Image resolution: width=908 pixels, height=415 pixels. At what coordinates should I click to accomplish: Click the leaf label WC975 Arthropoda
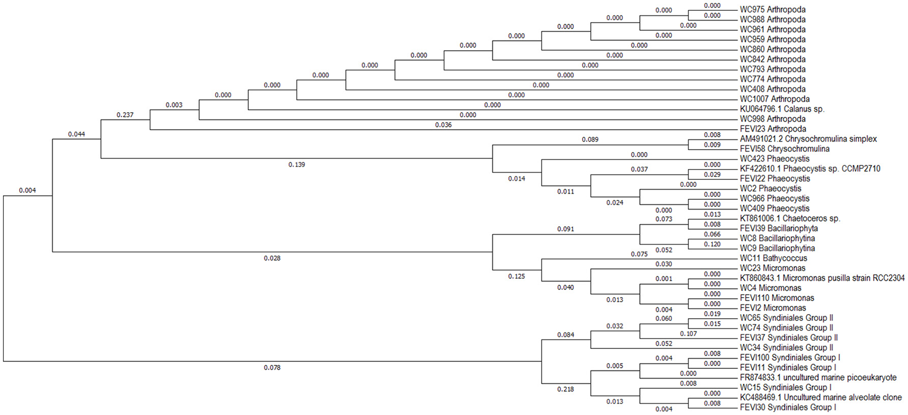pyautogui.click(x=772, y=10)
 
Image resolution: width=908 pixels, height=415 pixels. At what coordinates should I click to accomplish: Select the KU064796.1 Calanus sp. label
pyautogui.click(x=782, y=109)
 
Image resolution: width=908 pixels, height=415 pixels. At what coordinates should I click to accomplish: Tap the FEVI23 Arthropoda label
pyautogui.click(x=773, y=129)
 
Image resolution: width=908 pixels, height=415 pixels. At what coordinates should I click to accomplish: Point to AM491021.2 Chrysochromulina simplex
pyautogui.click(x=808, y=139)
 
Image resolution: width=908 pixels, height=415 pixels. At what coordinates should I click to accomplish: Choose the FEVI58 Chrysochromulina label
pyautogui.click(x=785, y=149)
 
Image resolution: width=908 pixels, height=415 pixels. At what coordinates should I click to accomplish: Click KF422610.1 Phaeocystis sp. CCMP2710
pyautogui.click(x=810, y=169)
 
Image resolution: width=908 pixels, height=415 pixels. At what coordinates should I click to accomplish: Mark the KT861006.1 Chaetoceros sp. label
pyautogui.click(x=790, y=218)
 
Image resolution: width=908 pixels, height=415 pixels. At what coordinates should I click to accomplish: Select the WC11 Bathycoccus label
pyautogui.click(x=773, y=258)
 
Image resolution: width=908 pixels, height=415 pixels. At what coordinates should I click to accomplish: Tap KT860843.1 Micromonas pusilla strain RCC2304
pyautogui.click(x=822, y=278)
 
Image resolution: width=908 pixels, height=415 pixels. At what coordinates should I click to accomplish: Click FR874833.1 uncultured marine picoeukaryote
pyautogui.click(x=818, y=378)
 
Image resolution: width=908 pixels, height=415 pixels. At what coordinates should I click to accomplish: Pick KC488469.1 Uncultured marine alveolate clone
pyautogui.click(x=820, y=398)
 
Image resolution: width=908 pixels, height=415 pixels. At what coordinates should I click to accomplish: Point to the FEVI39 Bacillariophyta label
pyautogui.click(x=778, y=229)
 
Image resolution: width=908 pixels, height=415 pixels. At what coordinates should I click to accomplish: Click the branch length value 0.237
pyautogui.click(x=125, y=115)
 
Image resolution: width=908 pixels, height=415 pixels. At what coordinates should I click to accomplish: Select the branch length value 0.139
pyautogui.click(x=297, y=164)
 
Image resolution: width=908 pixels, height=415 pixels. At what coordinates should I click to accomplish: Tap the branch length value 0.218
pyautogui.click(x=566, y=389)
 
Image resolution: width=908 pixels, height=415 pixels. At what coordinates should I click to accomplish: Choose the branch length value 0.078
pyautogui.click(x=272, y=368)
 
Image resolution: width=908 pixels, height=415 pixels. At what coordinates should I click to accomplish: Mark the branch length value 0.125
pyautogui.click(x=517, y=277)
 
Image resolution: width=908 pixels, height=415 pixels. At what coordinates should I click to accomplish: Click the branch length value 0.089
pyautogui.click(x=590, y=139)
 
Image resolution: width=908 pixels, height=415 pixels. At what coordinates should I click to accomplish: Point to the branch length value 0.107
pyautogui.click(x=688, y=334)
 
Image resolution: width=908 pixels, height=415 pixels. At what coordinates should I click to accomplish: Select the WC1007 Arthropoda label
pyautogui.click(x=774, y=99)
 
